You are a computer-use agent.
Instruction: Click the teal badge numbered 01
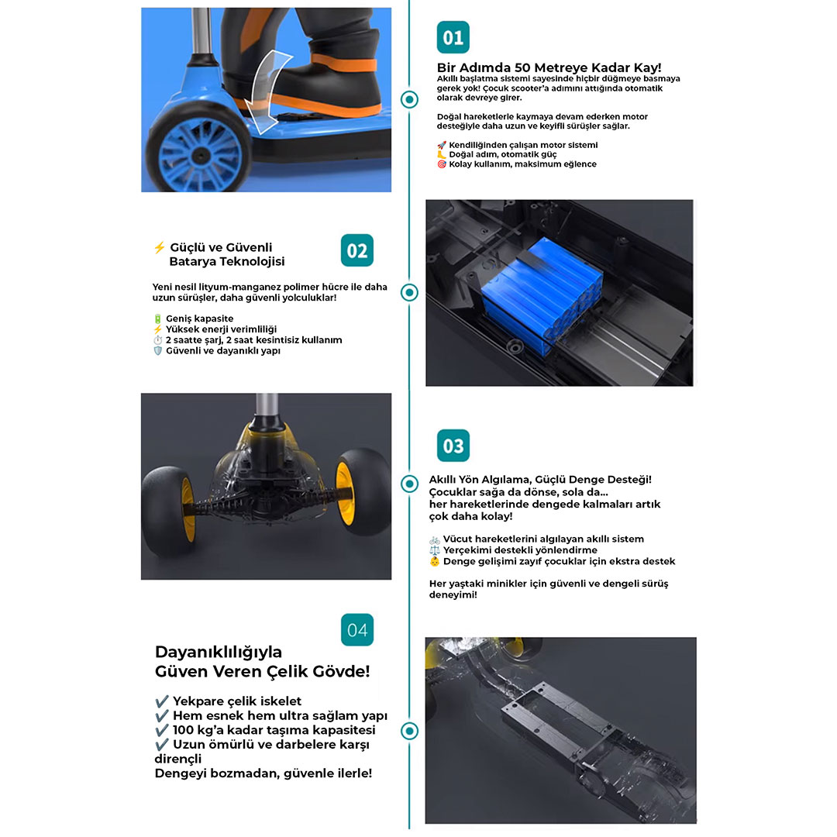(453, 37)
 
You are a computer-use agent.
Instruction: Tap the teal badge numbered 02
(357, 250)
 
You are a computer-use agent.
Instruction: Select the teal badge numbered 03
(453, 446)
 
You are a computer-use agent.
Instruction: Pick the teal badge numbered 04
(357, 630)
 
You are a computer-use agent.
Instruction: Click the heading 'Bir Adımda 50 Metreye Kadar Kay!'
(549, 67)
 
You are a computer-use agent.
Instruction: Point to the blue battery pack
(541, 295)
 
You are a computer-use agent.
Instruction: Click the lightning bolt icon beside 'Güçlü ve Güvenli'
(159, 248)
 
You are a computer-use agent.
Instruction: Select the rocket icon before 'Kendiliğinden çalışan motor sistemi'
(442, 145)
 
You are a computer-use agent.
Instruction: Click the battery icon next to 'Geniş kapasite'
(157, 319)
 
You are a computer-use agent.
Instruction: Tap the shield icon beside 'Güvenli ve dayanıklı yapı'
(157, 351)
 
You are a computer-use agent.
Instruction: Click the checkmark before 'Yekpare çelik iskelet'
(162, 701)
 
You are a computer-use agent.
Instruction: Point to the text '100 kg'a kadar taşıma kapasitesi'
(274, 730)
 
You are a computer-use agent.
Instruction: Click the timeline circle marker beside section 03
(409, 484)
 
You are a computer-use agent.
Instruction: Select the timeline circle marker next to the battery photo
(409, 292)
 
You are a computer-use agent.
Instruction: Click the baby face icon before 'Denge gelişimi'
(435, 562)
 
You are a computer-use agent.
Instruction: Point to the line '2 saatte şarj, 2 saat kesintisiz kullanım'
(253, 340)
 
